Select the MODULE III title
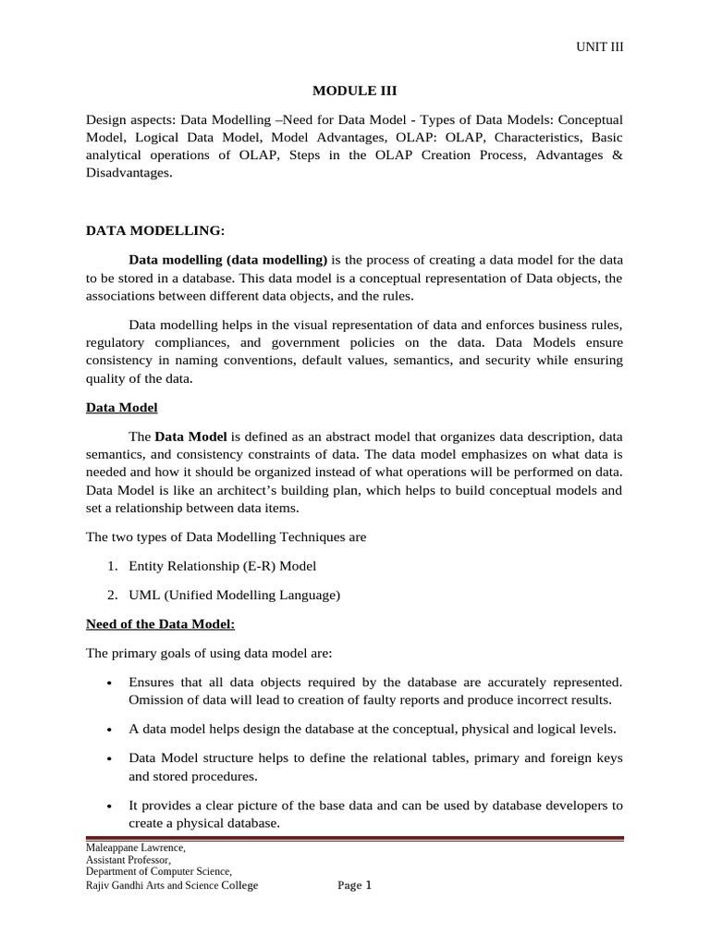coord(354,91)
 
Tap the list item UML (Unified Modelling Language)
coord(235,596)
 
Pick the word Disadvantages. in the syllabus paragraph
coord(129,173)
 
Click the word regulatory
coord(116,344)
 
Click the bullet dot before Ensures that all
coord(110,683)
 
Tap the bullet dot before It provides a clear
coord(110,806)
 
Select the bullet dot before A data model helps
coord(110,729)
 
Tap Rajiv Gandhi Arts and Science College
coord(172,885)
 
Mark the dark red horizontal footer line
coord(354,838)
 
